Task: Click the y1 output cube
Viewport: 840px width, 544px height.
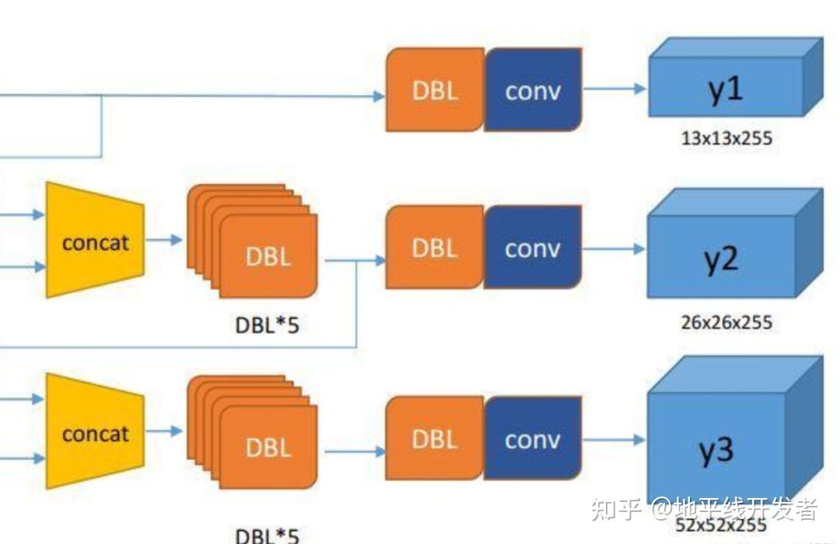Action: [735, 77]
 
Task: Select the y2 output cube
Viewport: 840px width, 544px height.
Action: [735, 244]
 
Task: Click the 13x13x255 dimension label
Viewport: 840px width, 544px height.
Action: [726, 139]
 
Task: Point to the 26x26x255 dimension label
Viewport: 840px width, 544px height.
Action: [726, 322]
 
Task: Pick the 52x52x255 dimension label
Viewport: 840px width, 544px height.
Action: [721, 525]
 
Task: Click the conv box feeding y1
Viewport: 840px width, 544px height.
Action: [533, 89]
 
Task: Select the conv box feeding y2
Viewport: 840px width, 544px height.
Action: [533, 247]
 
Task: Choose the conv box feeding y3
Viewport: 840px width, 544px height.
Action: [533, 438]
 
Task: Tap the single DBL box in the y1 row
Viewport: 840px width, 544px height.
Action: [435, 89]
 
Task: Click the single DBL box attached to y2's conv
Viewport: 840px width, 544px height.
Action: [435, 247]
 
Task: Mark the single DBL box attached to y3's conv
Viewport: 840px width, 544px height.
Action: [435, 438]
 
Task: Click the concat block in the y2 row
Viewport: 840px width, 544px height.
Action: [95, 240]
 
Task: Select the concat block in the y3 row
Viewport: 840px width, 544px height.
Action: [95, 431]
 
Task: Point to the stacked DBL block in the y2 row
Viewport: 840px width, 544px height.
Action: [252, 241]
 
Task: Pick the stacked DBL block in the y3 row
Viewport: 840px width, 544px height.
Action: [252, 433]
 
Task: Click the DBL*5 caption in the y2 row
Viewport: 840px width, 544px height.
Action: [267, 325]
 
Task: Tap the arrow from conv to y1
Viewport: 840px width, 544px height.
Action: [614, 89]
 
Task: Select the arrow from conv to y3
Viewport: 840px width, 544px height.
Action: [614, 440]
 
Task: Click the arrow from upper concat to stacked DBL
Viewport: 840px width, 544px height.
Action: [164, 240]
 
